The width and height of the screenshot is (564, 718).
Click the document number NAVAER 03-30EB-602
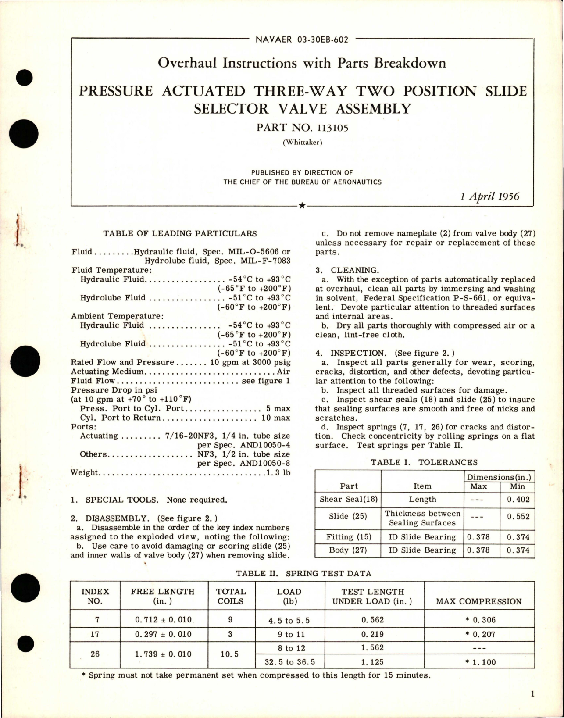tap(302, 39)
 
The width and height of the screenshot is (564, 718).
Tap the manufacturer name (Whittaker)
tap(302, 142)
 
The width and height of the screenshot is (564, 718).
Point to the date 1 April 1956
tap(489, 196)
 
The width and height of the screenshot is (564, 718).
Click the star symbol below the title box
tap(302, 205)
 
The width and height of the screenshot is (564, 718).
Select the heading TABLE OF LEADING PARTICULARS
tap(180, 234)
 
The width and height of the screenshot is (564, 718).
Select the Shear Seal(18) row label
tap(349, 499)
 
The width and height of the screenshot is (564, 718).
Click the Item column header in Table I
tap(422, 486)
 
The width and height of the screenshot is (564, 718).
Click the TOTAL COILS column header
tap(231, 597)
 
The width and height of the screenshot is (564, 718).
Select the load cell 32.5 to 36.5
tap(289, 662)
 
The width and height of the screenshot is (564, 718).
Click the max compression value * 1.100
tap(480, 662)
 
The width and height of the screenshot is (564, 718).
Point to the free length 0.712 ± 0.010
tap(163, 620)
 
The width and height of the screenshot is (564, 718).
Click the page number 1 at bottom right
tap(532, 694)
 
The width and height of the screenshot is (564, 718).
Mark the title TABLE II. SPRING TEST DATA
tap(303, 573)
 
